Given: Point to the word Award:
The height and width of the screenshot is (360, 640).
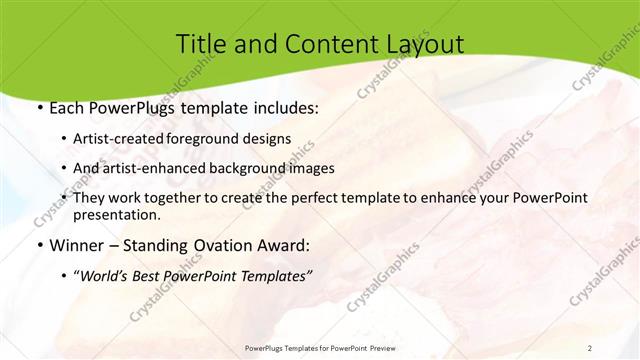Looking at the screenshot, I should tap(283, 245).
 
